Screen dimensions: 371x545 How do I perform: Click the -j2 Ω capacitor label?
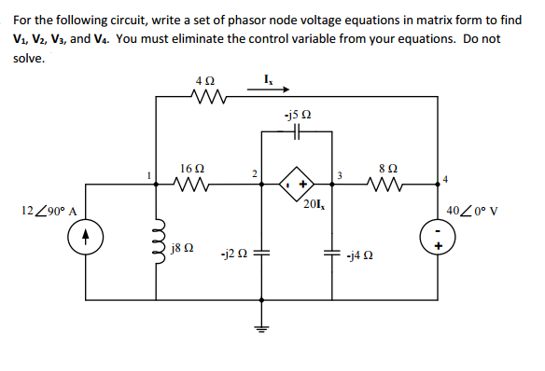[233, 254]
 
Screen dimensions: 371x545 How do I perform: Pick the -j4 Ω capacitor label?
[359, 254]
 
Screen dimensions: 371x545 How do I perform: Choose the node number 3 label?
[342, 174]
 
